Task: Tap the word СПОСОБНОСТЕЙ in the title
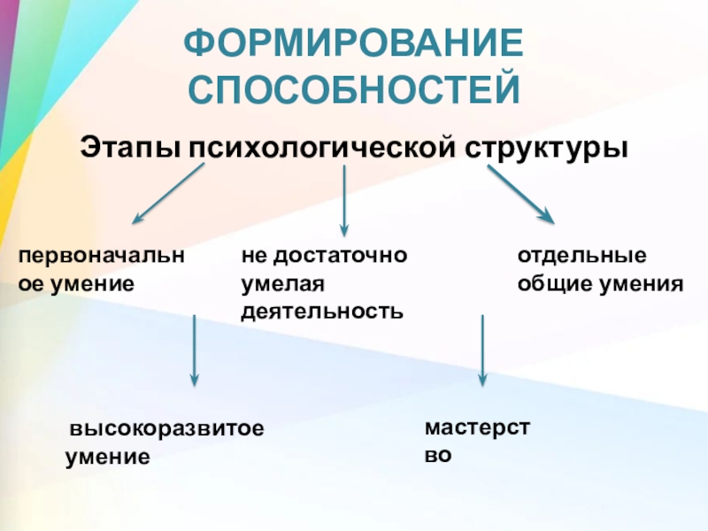click(354, 90)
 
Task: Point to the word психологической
click(319, 147)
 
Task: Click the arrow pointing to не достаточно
click(344, 200)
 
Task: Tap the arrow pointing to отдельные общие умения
click(519, 194)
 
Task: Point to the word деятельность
click(322, 312)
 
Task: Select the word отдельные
click(582, 256)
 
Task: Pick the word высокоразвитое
click(167, 429)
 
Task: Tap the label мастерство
click(477, 442)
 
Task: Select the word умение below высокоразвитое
click(107, 458)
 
